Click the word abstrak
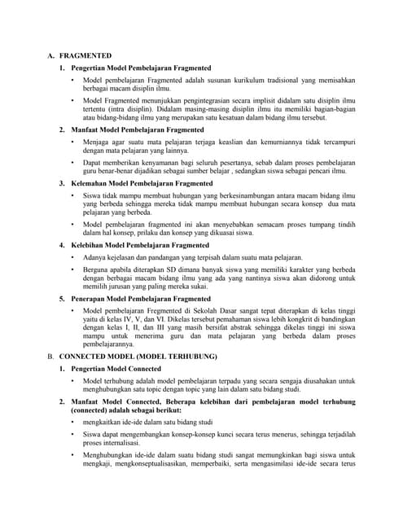(254, 329)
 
